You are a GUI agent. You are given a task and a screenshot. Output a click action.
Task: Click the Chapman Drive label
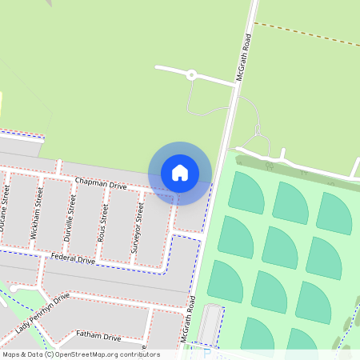pos(101,184)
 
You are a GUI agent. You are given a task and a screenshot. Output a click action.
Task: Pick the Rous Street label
pos(103,222)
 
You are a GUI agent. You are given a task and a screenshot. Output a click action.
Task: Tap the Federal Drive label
pos(73,258)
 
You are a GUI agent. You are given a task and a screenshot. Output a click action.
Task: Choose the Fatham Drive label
pos(98,337)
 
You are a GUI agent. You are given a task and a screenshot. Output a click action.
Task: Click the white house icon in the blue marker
pos(180,173)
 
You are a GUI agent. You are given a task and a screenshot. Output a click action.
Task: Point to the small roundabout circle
pos(192,75)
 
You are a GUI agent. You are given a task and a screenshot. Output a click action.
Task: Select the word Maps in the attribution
pos(11,354)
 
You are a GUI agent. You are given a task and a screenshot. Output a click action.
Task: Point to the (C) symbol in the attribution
pos(50,354)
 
